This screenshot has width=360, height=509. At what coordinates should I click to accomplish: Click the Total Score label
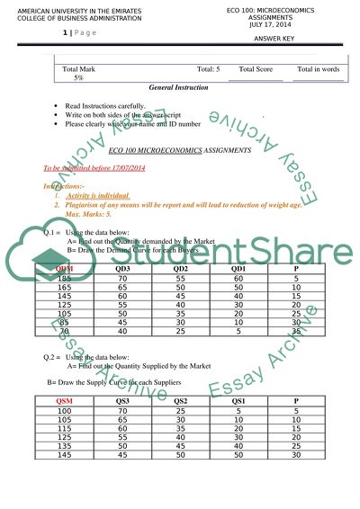[x=256, y=68]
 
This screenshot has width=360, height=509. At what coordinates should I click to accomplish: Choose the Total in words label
[x=318, y=68]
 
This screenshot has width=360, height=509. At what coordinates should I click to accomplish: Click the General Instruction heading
[x=178, y=88]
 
